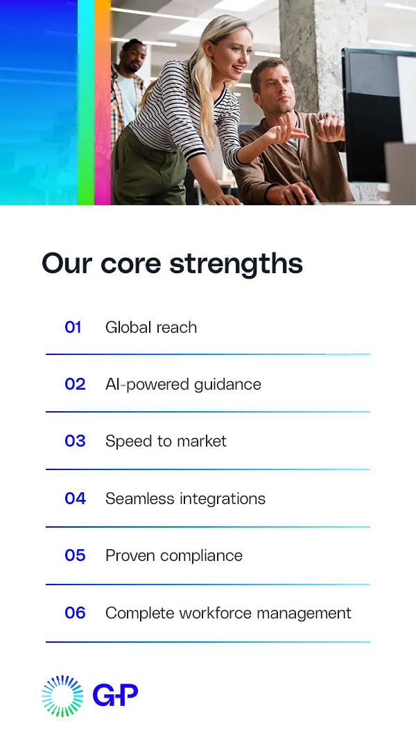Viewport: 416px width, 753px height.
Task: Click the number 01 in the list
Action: pos(73,327)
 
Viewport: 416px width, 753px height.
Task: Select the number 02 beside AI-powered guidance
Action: pos(75,384)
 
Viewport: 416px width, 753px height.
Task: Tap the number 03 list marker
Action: pos(75,441)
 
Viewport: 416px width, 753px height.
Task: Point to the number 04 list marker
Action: pos(75,499)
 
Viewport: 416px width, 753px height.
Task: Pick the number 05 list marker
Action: pos(75,555)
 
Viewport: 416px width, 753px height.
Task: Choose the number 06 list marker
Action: pos(75,613)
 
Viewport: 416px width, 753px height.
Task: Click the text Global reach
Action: pos(151,327)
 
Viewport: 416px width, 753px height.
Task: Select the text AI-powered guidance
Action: pos(183,384)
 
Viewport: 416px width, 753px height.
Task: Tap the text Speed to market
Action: pos(166,441)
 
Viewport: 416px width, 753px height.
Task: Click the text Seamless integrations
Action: pos(185,499)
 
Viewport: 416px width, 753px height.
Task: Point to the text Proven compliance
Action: pos(174,555)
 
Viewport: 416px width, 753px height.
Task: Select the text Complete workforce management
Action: pos(228,613)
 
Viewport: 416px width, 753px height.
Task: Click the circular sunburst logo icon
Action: pos(62,695)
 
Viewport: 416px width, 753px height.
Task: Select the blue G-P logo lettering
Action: pos(115,695)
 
